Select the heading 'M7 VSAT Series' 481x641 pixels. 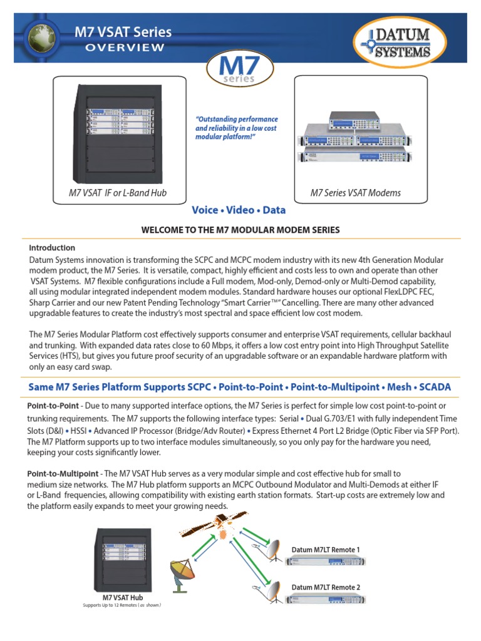123,32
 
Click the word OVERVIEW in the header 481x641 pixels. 125,48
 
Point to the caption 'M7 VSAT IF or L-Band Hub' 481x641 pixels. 118,193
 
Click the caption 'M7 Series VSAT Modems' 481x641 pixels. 356,193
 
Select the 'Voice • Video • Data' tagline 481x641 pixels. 240,211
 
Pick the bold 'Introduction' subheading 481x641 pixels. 52,248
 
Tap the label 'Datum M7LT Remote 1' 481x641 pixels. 326,550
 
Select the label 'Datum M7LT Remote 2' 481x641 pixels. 326,587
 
